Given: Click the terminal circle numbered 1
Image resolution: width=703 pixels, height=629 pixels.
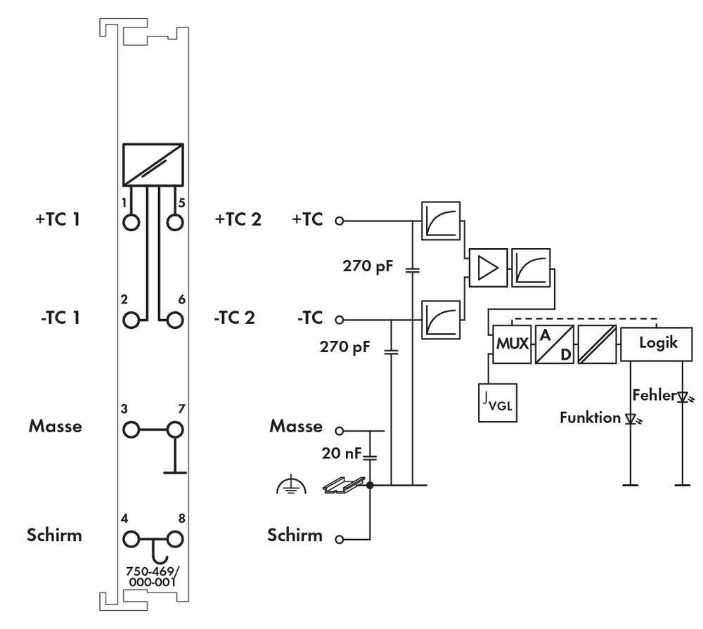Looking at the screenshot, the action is click(x=131, y=222).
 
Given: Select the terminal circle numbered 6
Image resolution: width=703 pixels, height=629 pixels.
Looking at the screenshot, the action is click(x=175, y=320).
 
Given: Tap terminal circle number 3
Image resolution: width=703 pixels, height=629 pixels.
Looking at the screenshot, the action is click(x=131, y=429).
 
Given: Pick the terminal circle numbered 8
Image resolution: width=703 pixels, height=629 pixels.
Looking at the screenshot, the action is click(x=175, y=539).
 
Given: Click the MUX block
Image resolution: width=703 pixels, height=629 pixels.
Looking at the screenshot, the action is click(x=512, y=344).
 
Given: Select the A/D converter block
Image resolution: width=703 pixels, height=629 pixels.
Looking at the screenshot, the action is click(x=555, y=344).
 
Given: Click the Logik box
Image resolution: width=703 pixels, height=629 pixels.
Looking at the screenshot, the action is click(x=657, y=344).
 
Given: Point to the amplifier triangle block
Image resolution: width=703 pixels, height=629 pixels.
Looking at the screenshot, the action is click(x=489, y=268).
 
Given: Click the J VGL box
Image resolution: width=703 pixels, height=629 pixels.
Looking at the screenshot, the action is click(x=498, y=403).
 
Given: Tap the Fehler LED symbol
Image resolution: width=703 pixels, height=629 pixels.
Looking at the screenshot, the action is click(x=683, y=397).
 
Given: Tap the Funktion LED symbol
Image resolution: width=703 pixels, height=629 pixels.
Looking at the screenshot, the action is click(x=631, y=419).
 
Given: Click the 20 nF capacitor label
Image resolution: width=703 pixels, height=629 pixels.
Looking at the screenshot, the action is click(x=341, y=453).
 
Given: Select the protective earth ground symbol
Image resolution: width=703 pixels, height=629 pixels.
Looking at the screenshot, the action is click(x=292, y=484).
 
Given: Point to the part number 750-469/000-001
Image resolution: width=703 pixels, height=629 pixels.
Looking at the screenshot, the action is click(x=153, y=576).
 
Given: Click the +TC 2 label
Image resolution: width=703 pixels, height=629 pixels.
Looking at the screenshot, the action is click(x=238, y=219).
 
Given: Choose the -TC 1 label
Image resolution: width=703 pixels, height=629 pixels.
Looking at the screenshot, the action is click(x=60, y=318).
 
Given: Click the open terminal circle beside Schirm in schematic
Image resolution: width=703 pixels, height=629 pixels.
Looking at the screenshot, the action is click(x=340, y=539).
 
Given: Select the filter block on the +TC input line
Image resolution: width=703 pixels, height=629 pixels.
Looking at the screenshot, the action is click(x=441, y=221).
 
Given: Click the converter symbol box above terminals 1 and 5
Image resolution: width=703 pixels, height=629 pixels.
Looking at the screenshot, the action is click(x=153, y=164).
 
